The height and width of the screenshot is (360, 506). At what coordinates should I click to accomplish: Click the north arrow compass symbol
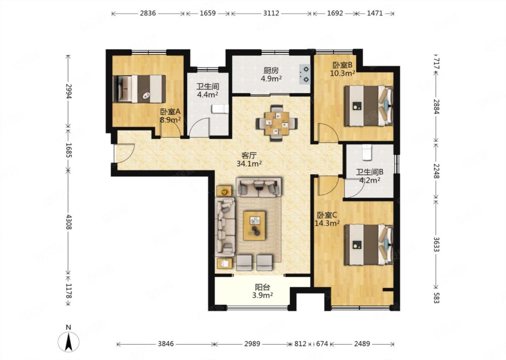(69, 342)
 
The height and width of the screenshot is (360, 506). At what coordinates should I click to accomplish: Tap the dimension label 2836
(148, 13)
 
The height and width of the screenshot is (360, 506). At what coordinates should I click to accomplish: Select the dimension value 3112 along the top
(271, 13)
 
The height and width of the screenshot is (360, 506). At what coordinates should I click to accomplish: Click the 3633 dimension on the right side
(436, 244)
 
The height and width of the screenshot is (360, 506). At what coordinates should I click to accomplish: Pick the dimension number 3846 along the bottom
(166, 344)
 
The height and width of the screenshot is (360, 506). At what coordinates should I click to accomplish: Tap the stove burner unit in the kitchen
(305, 74)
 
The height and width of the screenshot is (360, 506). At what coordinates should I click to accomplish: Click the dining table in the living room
(277, 123)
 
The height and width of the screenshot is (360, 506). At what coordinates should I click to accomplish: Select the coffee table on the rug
(254, 226)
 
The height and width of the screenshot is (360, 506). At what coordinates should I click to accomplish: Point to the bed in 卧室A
(140, 89)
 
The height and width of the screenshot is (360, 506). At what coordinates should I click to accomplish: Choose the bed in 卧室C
(369, 245)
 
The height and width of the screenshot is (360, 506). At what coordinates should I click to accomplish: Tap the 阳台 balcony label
(262, 287)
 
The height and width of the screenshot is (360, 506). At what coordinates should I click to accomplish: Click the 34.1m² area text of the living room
(249, 163)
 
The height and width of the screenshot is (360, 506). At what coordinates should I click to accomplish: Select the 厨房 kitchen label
(271, 71)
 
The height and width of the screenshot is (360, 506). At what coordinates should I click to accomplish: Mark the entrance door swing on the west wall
(124, 153)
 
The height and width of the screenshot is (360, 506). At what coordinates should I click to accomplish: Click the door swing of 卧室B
(328, 133)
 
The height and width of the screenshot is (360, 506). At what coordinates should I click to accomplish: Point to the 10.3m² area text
(343, 73)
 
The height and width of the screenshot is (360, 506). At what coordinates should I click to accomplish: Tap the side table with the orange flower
(224, 191)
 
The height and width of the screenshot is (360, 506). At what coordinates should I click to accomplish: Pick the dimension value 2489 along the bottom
(362, 344)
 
